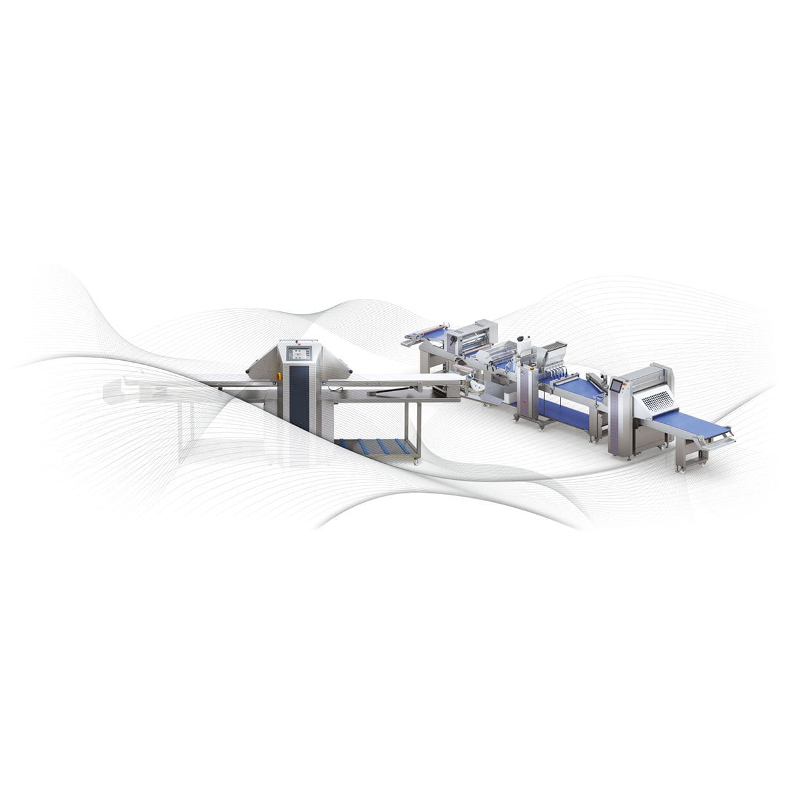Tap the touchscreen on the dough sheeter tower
pos(298,352)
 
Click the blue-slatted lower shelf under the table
pos(376,446)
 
